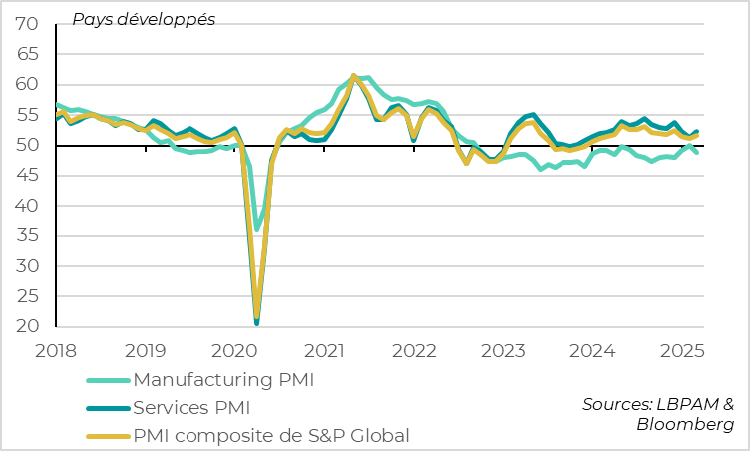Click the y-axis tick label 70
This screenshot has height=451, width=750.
click(28, 24)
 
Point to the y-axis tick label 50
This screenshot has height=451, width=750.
click(28, 146)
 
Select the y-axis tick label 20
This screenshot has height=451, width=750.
click(28, 327)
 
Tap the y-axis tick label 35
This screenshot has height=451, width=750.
click(28, 236)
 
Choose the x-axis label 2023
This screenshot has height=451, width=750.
click(503, 351)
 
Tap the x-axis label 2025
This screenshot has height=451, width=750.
click(682, 351)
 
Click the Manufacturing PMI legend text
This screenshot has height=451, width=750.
click(229, 380)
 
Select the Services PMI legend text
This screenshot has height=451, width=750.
click(191, 407)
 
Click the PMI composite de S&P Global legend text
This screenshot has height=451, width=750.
click(271, 435)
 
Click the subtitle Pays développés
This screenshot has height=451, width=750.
click(143, 19)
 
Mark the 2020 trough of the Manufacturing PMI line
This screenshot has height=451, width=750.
click(256, 229)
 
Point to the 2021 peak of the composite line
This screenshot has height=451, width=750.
click(354, 76)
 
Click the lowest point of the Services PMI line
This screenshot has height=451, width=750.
click(257, 323)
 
